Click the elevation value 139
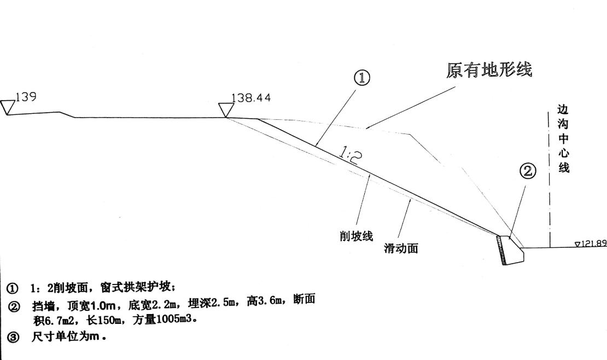point(26,97)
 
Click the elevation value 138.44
point(251,98)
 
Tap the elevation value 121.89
point(594,243)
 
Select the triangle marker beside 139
point(8,107)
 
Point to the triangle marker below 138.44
point(225,109)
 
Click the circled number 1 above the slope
point(363,78)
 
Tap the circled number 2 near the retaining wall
point(527,172)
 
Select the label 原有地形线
point(489,71)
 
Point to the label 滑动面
point(401,248)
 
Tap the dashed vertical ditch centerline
point(549,181)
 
